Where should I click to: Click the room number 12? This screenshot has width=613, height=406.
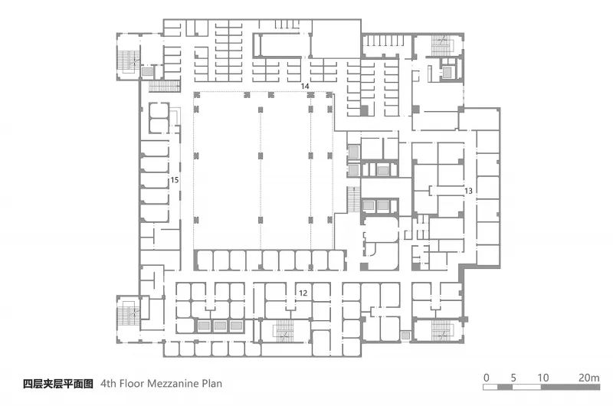[303, 293]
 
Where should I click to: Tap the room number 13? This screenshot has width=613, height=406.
[468, 191]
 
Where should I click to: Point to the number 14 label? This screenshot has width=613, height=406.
[305, 86]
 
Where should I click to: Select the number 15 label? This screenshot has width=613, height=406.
[175, 180]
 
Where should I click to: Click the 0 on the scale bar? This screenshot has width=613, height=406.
[487, 378]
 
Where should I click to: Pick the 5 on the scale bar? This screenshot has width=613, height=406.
[513, 378]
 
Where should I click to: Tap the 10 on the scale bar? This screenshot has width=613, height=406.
[543, 378]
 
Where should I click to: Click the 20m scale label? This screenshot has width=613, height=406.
[589, 378]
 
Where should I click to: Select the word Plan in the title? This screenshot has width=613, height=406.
[212, 383]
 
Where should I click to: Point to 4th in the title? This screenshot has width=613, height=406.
[108, 383]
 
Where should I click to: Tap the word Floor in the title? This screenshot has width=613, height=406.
[132, 383]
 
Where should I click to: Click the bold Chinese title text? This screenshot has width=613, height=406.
[58, 384]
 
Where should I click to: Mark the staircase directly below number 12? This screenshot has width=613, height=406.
[285, 331]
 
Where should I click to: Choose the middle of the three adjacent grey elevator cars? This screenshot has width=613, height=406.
[220, 326]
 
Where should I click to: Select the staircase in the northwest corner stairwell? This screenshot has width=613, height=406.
[128, 62]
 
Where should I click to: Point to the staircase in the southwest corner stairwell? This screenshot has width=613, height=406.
[126, 313]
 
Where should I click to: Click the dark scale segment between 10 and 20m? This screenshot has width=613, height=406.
[570, 388]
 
